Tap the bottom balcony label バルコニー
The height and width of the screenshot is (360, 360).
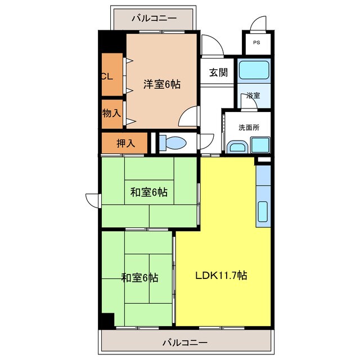click(185, 341)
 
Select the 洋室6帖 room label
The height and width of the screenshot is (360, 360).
click(161, 84)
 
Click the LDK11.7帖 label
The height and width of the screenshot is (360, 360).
click(221, 276)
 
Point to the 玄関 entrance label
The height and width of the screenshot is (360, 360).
click(218, 72)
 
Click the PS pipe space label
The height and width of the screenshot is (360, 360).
click(256, 43)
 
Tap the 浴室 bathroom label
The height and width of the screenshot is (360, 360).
click(253, 96)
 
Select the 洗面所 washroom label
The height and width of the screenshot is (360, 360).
click(247, 128)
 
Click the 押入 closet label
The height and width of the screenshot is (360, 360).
click(125, 143)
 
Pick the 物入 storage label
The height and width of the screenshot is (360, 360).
click(111, 113)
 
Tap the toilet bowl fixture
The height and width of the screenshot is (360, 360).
click(174, 142)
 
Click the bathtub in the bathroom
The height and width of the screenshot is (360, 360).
click(254, 71)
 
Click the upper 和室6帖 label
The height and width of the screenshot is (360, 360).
click(149, 192)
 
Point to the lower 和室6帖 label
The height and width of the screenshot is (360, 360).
click(139, 277)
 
